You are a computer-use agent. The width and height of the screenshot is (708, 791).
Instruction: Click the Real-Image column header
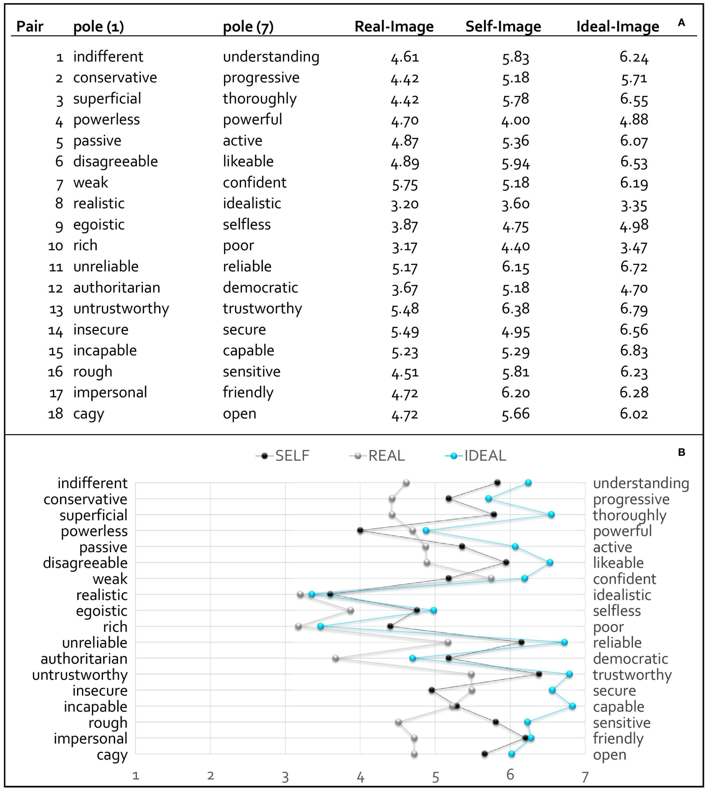pyautogui.click(x=394, y=27)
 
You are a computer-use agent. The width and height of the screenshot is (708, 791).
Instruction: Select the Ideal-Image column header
pyautogui.click(x=617, y=27)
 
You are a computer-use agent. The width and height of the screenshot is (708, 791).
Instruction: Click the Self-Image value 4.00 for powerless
pyautogui.click(x=515, y=120)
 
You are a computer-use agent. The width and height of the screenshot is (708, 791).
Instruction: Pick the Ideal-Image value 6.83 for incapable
pyautogui.click(x=634, y=351)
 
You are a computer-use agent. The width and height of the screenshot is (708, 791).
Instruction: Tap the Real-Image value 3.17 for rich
pyautogui.click(x=405, y=246)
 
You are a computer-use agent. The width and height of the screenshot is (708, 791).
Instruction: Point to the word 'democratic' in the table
pyautogui.click(x=260, y=288)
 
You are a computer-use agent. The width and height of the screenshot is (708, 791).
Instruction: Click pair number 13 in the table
pyautogui.click(x=56, y=309)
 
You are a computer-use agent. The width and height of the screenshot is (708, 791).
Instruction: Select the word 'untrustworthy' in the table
pyautogui.click(x=121, y=309)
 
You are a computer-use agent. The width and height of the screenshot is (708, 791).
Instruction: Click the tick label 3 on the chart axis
pyautogui.click(x=286, y=777)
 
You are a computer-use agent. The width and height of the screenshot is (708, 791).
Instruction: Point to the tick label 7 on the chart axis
pyautogui.click(x=585, y=777)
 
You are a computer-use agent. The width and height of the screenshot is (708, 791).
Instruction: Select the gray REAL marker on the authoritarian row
pyautogui.click(x=336, y=658)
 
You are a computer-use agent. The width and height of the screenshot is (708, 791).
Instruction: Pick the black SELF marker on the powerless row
pyautogui.click(x=360, y=531)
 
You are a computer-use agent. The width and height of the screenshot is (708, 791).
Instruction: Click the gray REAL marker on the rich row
pyautogui.click(x=298, y=626)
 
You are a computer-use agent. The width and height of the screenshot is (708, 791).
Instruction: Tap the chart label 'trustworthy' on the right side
pyautogui.click(x=632, y=675)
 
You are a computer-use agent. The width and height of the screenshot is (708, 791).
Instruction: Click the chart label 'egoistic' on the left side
pyautogui.click(x=101, y=611)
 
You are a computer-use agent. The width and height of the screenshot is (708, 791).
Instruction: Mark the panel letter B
pyautogui.click(x=681, y=452)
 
